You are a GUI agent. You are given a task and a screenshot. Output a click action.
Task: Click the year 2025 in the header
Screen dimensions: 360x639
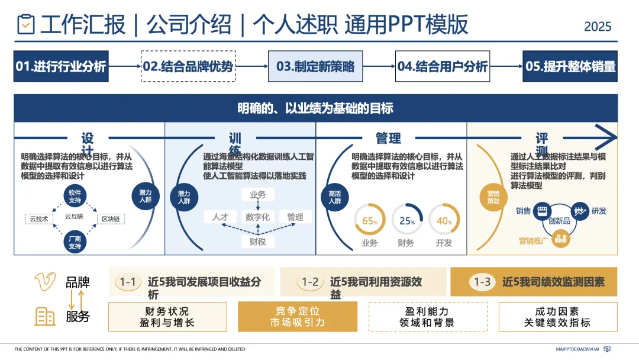click(598, 27)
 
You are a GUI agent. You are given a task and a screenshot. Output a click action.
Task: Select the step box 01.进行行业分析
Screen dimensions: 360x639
click(61, 66)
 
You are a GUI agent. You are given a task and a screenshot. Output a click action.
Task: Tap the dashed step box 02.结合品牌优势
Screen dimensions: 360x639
click(188, 66)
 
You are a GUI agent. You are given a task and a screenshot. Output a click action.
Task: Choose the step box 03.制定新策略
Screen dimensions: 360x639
click(315, 66)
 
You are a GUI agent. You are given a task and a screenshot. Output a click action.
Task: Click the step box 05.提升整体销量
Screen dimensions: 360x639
click(570, 66)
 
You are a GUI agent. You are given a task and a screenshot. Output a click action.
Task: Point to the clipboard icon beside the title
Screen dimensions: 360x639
click(26, 24)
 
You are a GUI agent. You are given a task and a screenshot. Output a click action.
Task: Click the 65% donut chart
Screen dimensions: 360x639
click(370, 220)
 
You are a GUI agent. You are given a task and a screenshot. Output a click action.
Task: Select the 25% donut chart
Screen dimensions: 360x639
click(406, 220)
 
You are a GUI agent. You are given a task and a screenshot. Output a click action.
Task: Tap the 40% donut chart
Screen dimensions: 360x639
click(444, 220)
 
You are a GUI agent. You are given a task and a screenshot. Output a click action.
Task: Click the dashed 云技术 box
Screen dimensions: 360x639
click(39, 219)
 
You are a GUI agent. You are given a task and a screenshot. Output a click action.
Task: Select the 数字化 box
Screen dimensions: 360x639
click(257, 217)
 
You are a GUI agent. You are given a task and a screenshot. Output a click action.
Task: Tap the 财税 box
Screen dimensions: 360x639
click(257, 241)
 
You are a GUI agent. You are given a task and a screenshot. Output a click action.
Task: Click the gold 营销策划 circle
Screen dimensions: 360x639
click(493, 197)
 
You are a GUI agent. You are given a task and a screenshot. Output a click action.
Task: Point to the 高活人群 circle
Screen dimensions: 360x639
click(335, 197)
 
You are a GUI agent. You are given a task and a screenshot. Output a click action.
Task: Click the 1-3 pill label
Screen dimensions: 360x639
click(482, 282)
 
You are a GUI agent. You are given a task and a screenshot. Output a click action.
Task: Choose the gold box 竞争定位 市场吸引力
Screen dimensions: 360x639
click(298, 317)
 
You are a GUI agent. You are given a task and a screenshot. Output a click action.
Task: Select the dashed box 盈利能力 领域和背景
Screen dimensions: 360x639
click(428, 317)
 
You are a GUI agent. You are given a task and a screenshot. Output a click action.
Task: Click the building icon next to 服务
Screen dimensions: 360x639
click(45, 316)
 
